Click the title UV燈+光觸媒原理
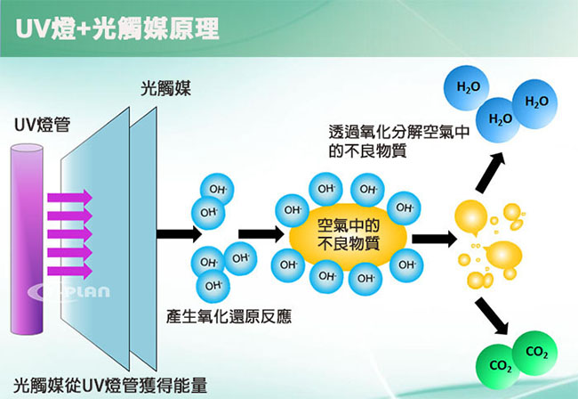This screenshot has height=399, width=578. [x=117, y=28]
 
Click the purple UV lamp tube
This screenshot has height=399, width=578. [x=27, y=240]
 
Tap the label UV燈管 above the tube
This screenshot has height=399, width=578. [x=42, y=125]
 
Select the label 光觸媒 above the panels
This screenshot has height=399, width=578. [x=165, y=88]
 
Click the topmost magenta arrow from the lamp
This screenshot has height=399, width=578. [x=69, y=197]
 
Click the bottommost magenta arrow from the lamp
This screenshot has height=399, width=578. [x=69, y=272]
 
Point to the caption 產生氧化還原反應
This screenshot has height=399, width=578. [x=229, y=316]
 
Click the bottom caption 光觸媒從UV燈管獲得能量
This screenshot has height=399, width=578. [x=110, y=386]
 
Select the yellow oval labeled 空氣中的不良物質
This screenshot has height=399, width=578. [x=348, y=235]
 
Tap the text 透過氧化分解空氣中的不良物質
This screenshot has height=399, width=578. [x=399, y=142]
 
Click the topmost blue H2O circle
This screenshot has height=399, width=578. [x=467, y=88]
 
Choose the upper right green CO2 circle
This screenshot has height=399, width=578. [x=535, y=353]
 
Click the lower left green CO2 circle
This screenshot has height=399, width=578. [x=498, y=365]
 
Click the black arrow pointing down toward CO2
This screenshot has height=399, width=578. [x=492, y=316]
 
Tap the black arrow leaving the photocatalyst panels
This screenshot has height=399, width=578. [x=179, y=234]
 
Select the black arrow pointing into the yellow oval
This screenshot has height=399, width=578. [x=261, y=234]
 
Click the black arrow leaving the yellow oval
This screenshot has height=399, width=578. [x=435, y=239]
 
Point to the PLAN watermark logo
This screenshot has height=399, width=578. [x=68, y=291]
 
